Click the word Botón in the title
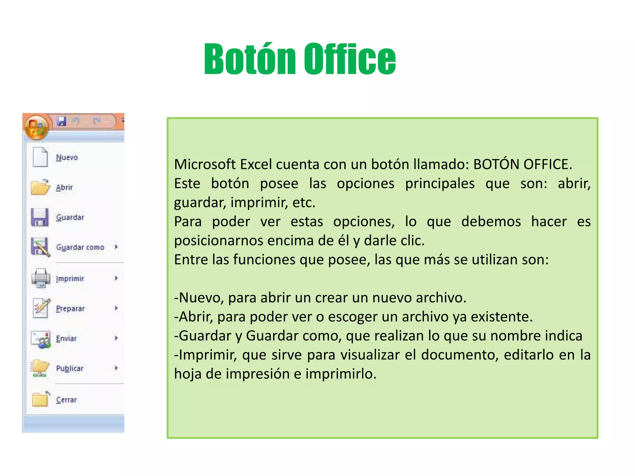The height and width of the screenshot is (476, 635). tap(250, 59)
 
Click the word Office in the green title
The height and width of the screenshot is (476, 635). tap(349, 59)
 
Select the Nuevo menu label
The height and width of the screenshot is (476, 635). tap(67, 157)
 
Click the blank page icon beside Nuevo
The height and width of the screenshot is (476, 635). tap(40, 157)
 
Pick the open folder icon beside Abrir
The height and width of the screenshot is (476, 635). tap(40, 187)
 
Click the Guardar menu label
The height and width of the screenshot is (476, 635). tap(70, 217)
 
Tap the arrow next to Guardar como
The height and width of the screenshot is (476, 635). tap(116, 247)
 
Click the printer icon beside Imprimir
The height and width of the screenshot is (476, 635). tap(41, 278)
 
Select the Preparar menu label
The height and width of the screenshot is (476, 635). tap(70, 309)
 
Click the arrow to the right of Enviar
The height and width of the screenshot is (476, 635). tap(116, 338)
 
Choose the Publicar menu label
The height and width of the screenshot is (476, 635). tap(70, 368)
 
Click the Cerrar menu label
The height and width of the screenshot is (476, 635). tap(66, 400)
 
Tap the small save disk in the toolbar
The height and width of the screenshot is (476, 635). tap(61, 121)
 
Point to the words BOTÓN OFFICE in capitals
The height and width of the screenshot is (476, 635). tap(522, 165)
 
